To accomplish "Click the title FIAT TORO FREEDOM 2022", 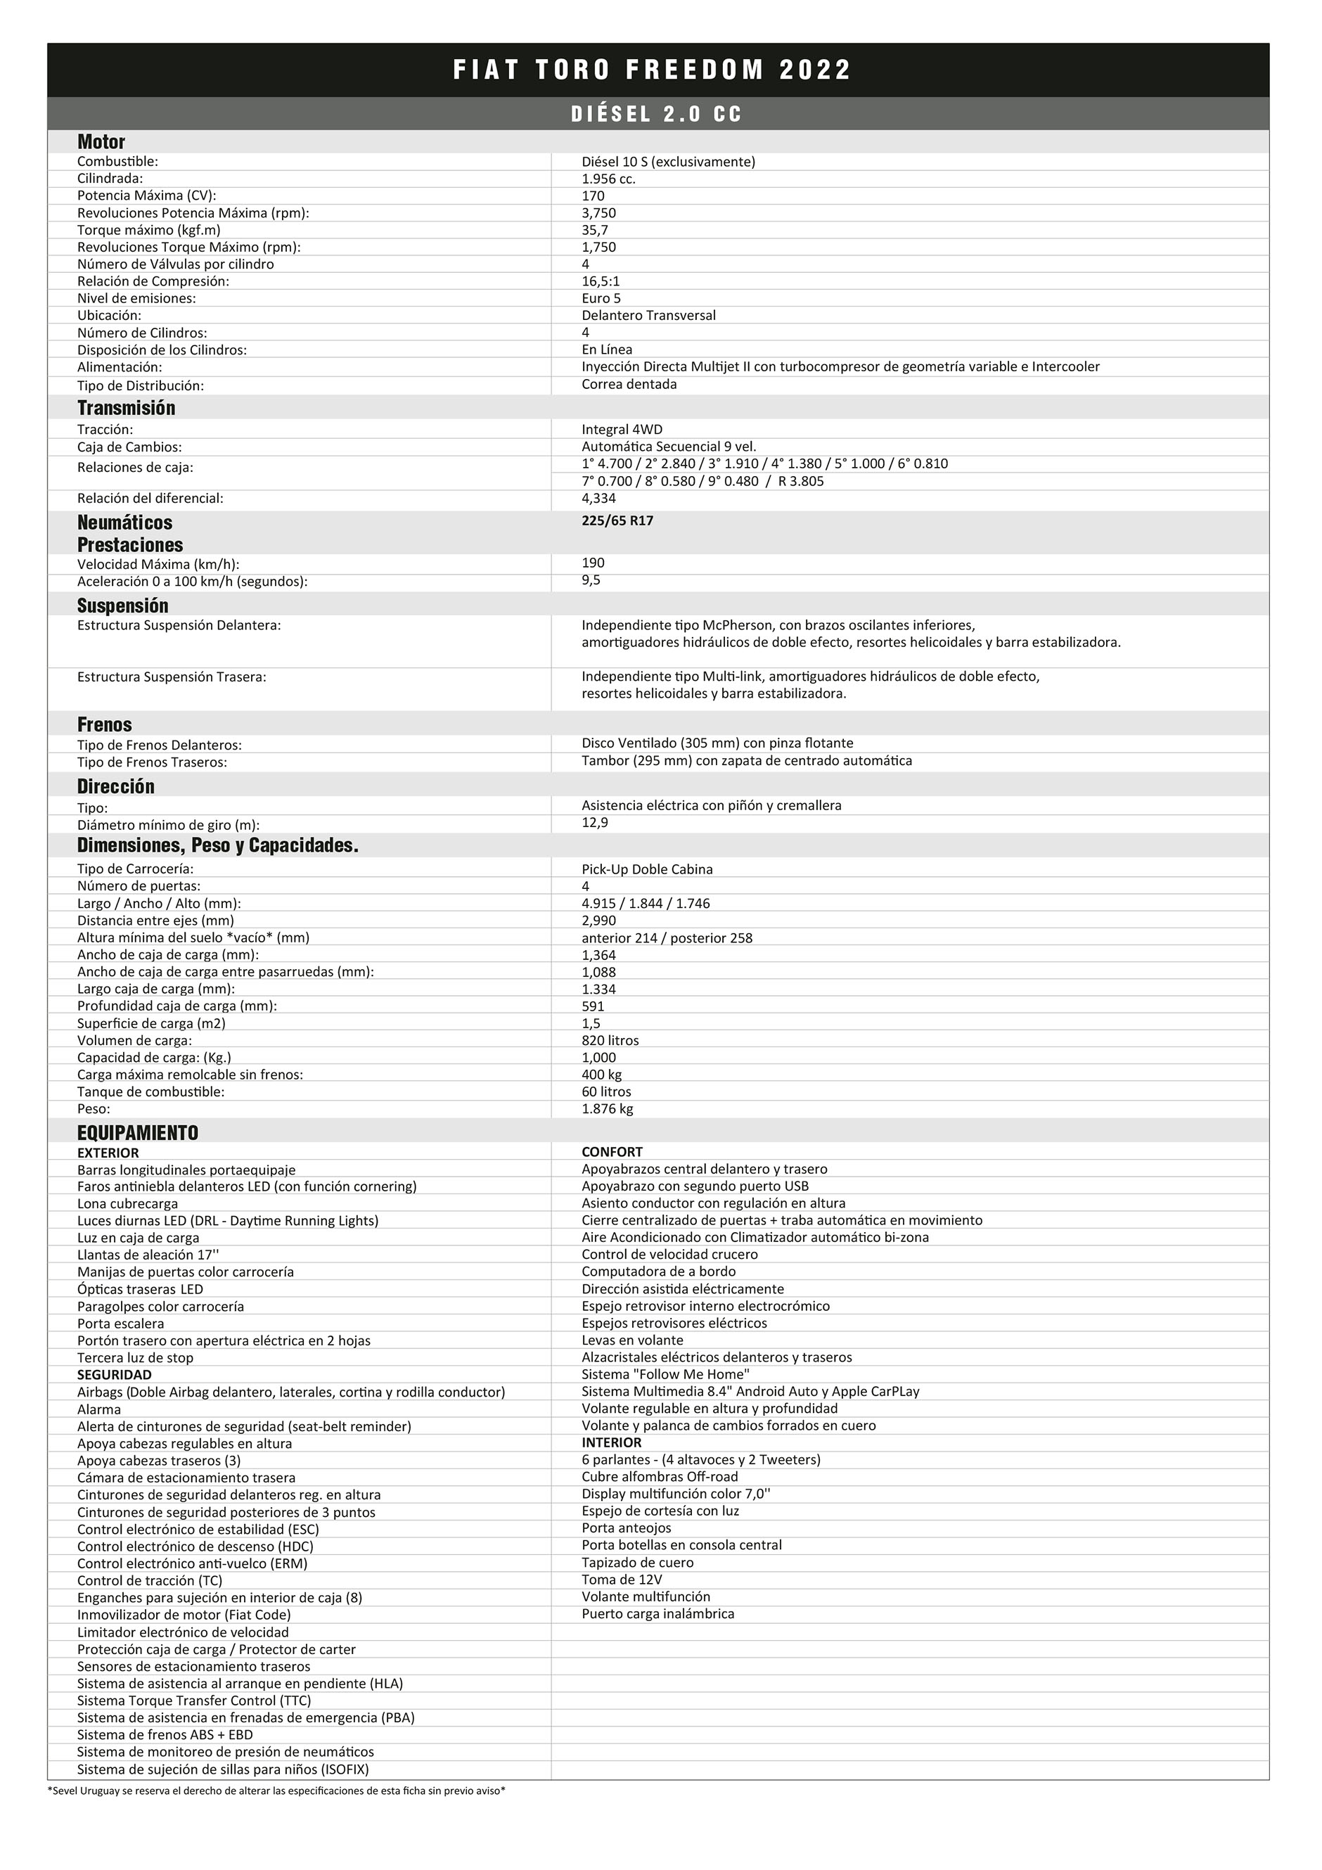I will tap(652, 70).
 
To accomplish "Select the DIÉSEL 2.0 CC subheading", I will tap(657, 114).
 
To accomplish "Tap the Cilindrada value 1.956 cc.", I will tap(608, 179).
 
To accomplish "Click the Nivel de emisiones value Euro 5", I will tap(601, 299).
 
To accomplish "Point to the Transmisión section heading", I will tap(127, 408).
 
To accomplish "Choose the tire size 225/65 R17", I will tap(617, 521).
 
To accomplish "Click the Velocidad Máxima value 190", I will tap(593, 563).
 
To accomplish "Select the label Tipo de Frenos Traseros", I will tap(151, 763).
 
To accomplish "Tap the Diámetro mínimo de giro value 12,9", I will tap(595, 824).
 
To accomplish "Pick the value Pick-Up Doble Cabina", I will tap(647, 870).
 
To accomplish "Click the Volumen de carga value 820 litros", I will tap(610, 1041).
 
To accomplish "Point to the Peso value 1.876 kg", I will tap(607, 1109).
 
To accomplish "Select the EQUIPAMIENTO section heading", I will tap(138, 1133).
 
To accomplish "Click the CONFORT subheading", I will tap(612, 1153).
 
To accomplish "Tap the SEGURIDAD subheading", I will tap(114, 1376).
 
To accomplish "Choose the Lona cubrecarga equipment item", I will tap(127, 1204).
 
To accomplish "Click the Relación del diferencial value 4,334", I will tap(598, 499).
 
